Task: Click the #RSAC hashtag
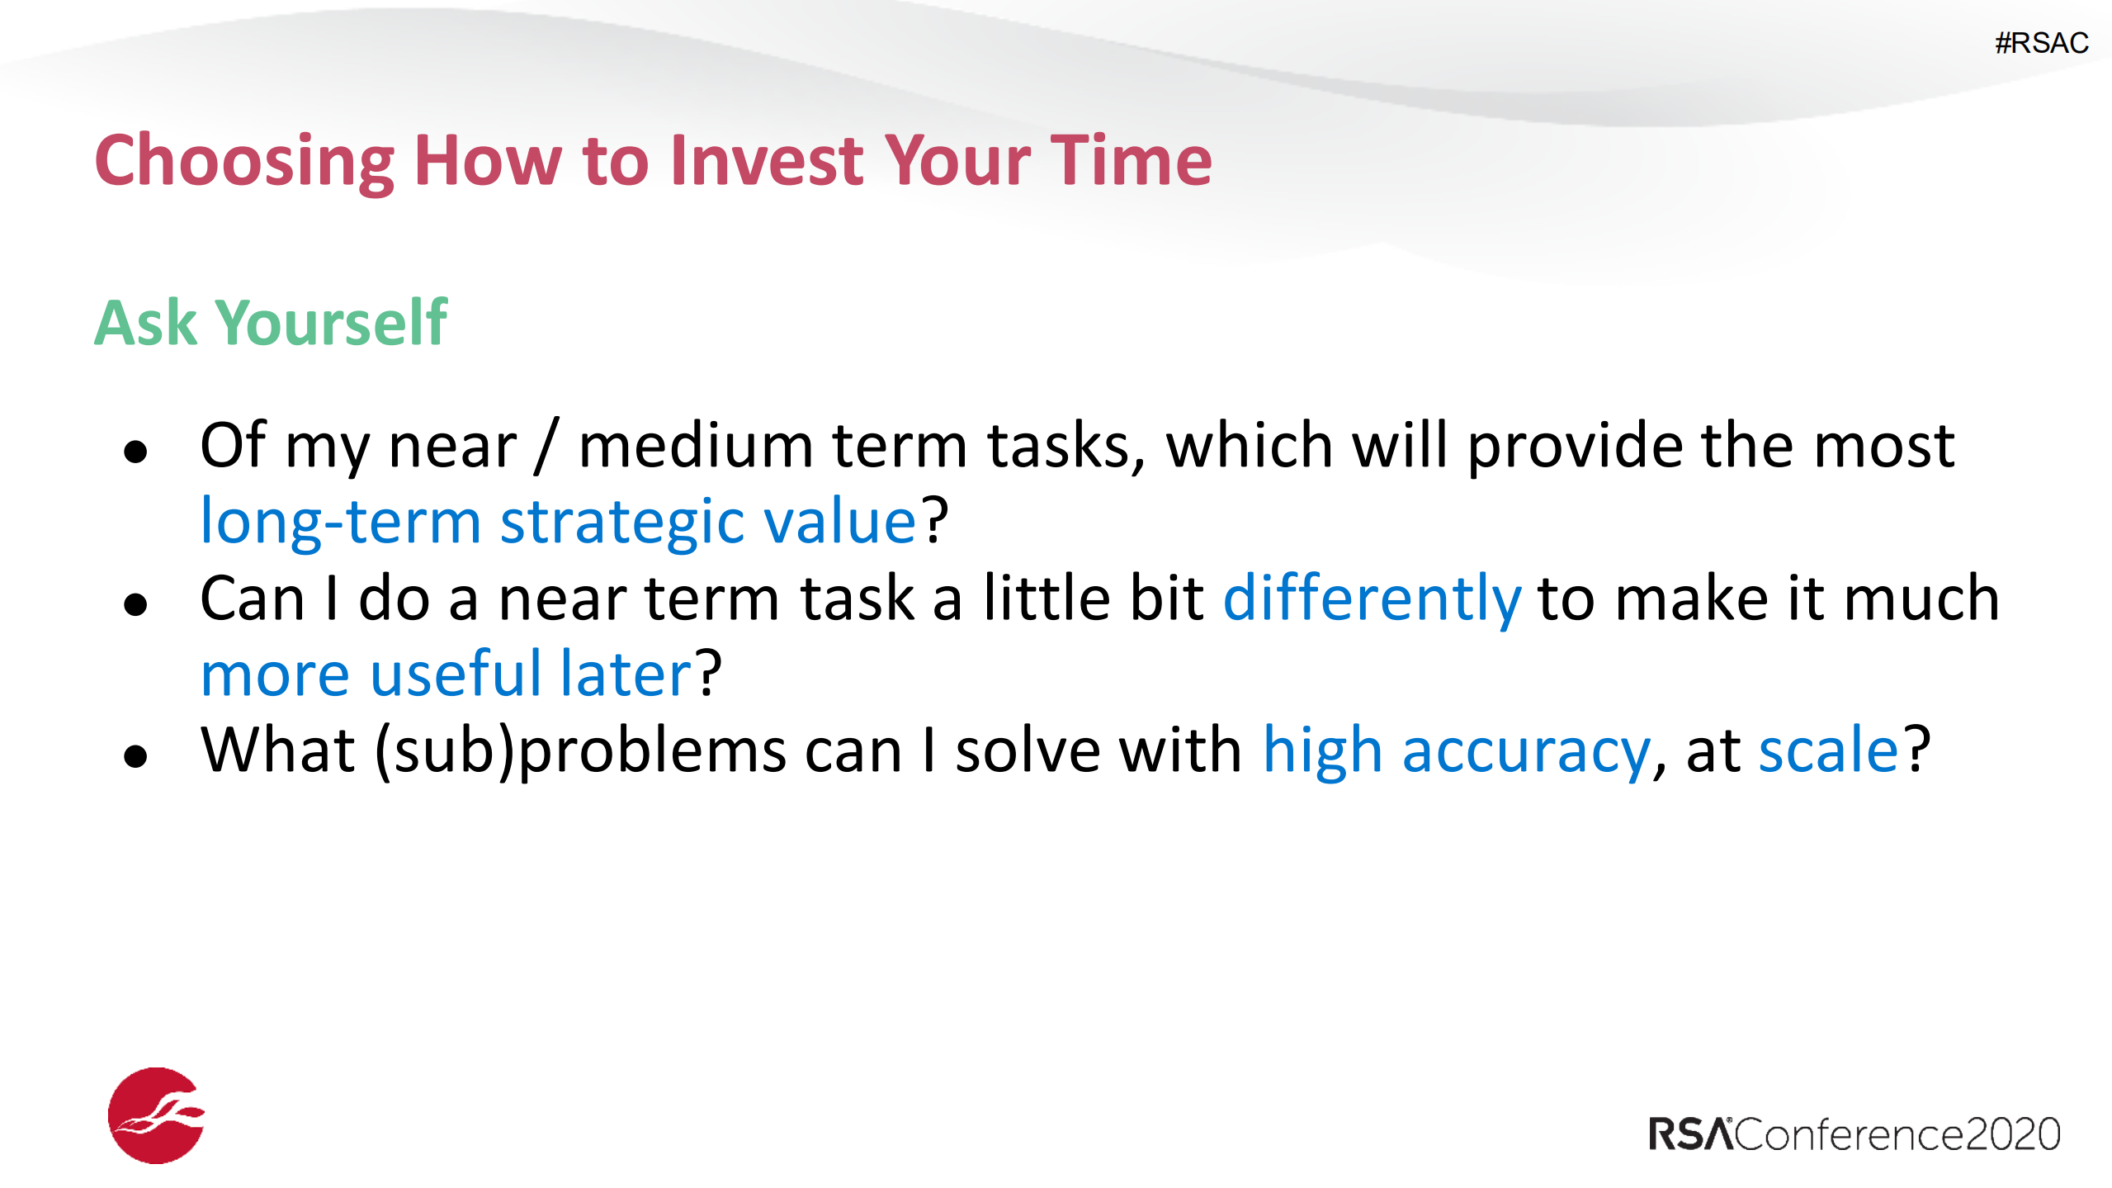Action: (x=2041, y=43)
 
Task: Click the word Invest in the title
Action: (x=767, y=160)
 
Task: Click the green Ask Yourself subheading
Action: (x=271, y=322)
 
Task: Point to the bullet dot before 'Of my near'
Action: (x=135, y=452)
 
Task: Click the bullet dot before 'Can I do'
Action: (x=135, y=604)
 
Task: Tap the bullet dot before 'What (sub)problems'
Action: (x=135, y=756)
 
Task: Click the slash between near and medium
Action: (x=547, y=446)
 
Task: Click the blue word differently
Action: (x=1372, y=599)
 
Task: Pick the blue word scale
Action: (x=1829, y=750)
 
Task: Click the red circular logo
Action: (x=156, y=1115)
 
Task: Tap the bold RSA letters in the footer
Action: (x=1690, y=1134)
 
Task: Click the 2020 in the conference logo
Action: (x=2013, y=1134)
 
